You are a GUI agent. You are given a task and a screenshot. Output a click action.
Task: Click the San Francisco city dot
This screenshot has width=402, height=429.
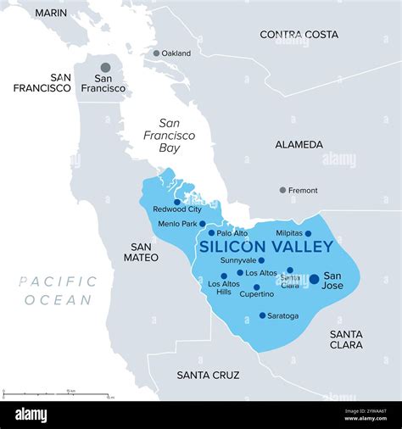click(x=105, y=67)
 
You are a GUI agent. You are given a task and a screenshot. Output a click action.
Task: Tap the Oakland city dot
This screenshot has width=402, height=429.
click(x=156, y=53)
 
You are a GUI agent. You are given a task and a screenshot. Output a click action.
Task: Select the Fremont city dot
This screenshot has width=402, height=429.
click(x=282, y=190)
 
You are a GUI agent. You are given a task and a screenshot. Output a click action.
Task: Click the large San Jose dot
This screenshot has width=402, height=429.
click(x=314, y=278)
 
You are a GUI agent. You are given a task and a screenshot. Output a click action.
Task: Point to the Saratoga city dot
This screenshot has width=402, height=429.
click(x=262, y=315)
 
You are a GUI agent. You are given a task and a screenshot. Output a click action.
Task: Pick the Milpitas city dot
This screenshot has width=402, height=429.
click(x=308, y=233)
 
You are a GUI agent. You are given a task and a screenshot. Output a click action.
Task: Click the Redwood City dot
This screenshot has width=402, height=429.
click(x=176, y=202)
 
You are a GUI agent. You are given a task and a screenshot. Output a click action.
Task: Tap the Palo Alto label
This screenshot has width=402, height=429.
click(x=232, y=232)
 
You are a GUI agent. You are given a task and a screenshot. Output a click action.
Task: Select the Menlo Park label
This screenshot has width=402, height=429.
click(x=176, y=224)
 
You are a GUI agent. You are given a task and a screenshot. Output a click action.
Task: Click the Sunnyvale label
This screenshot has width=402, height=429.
click(x=237, y=260)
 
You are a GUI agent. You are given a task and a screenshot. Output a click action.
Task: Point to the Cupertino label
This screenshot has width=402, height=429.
click(x=256, y=294)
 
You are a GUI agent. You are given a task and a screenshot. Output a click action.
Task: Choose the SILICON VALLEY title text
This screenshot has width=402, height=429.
click(x=265, y=247)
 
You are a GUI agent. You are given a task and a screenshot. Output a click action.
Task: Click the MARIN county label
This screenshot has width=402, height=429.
click(x=52, y=14)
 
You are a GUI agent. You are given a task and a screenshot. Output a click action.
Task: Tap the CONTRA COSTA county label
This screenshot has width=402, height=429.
click(x=299, y=35)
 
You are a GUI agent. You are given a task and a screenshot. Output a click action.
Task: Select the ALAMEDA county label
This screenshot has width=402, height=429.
click(x=299, y=145)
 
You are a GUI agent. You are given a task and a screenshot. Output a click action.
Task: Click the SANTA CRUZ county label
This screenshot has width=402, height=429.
click(x=208, y=375)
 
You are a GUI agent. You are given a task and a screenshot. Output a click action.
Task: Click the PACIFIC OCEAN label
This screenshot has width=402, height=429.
click(x=58, y=290)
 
